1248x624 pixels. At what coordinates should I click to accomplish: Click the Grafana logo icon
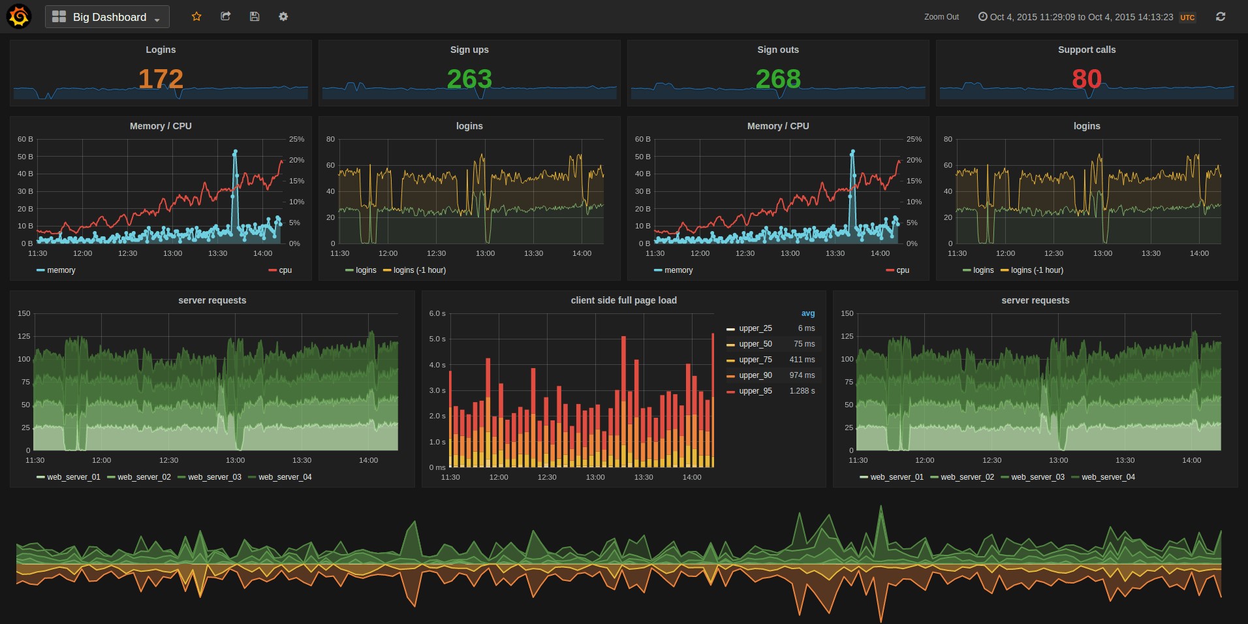pos(18,16)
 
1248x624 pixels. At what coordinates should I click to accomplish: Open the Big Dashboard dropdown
pos(108,17)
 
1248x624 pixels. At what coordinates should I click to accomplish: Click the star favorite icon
pos(196,16)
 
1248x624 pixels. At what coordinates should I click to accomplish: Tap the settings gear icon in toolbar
pos(283,16)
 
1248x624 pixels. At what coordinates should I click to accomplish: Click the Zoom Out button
pos(941,17)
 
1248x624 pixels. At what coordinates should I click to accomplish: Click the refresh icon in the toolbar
pos(1221,16)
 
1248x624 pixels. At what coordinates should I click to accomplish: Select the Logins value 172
pos(161,79)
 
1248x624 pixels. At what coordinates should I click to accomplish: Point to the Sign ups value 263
pos(469,79)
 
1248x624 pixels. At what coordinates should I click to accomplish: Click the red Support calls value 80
pos(1087,79)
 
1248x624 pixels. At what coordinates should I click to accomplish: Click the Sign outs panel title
pos(778,50)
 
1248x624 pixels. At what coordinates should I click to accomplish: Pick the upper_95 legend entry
pos(755,391)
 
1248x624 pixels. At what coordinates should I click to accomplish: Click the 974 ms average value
pos(802,375)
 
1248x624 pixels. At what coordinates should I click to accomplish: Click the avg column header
pos(808,313)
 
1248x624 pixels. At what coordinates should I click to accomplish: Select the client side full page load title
pos(623,300)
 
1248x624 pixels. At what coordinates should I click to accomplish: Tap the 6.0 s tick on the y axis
pos(437,313)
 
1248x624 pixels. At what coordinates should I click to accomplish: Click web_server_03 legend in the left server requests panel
pos(214,477)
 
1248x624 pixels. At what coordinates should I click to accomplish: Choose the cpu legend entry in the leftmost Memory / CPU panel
pos(285,270)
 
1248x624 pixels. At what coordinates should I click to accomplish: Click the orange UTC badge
pos(1187,18)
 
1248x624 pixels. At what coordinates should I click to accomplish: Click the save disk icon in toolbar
pos(255,16)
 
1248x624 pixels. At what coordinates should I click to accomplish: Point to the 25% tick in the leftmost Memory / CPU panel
pos(296,139)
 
